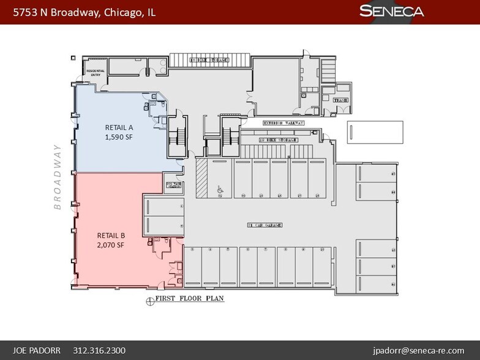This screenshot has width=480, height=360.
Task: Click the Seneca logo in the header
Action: point(392,11)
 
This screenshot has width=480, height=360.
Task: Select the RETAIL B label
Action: point(111,234)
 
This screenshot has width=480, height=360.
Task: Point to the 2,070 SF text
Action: point(111,245)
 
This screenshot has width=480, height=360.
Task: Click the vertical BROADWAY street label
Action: point(58,177)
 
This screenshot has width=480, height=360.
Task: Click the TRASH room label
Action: point(341,99)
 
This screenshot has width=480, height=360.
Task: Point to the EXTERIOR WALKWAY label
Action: point(283,122)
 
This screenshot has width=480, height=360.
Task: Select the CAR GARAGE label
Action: point(265,225)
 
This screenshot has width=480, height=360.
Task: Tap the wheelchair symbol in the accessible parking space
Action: point(220,190)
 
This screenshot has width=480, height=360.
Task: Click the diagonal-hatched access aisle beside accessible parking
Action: point(201,178)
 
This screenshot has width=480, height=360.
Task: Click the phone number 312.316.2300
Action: point(99,351)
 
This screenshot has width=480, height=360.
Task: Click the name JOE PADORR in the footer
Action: point(39,351)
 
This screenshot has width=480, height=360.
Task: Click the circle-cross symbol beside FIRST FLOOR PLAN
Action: point(148,300)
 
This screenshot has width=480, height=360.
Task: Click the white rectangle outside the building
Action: point(375,132)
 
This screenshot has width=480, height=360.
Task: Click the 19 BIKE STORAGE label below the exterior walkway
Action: point(277,140)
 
